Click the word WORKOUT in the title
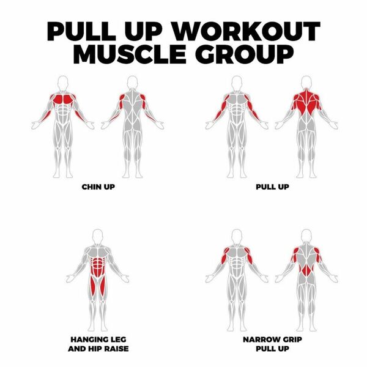click(x=247, y=31)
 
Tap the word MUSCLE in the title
click(x=131, y=54)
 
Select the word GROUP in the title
click(x=244, y=54)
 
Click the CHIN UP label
click(x=98, y=187)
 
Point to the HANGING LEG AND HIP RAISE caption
click(x=98, y=344)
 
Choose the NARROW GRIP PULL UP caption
click(x=272, y=344)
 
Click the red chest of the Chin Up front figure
click(x=63, y=99)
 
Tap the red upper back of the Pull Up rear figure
click(x=306, y=102)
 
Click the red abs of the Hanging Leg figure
click(x=98, y=266)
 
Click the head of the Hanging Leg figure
click(x=98, y=237)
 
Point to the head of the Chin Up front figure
click(x=63, y=83)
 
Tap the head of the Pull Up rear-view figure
click(x=306, y=83)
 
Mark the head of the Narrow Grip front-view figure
click(x=237, y=237)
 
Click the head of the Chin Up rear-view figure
click(x=132, y=83)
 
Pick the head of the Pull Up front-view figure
click(x=237, y=83)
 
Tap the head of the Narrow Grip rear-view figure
click(x=306, y=236)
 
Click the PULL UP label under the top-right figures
click(x=272, y=187)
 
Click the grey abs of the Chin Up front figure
click(x=63, y=113)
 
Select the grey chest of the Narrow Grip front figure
click(x=237, y=253)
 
